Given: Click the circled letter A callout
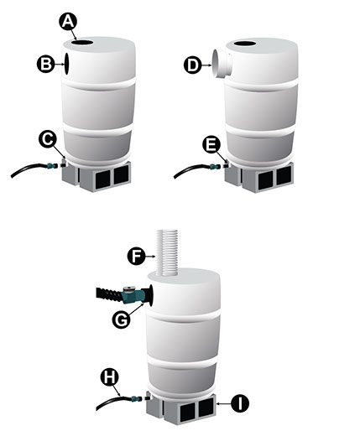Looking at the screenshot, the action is [x=68, y=21].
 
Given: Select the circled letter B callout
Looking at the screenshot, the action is [x=45, y=65].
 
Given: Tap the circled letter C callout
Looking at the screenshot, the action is [x=48, y=139].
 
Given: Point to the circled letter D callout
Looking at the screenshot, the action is [x=192, y=65].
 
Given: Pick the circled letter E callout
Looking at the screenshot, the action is [x=211, y=144].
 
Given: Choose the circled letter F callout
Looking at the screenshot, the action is [x=136, y=256].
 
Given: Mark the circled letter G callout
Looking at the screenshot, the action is [x=121, y=319].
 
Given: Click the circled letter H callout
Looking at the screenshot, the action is [x=109, y=377].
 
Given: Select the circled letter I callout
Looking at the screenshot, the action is [x=240, y=403].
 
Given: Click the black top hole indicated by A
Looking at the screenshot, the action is [x=81, y=43].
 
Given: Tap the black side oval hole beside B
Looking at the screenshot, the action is [x=66, y=64].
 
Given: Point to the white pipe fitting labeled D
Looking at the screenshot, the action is [x=222, y=65].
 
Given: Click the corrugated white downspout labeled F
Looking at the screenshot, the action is [x=167, y=252].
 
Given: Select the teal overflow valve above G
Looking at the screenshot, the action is [x=133, y=295].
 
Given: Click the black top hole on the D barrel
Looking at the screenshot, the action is [x=245, y=44].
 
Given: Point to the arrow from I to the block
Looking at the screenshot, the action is [x=224, y=403].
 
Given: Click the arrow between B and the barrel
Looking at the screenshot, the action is [x=59, y=65].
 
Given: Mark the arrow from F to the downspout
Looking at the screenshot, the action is [x=150, y=256].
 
